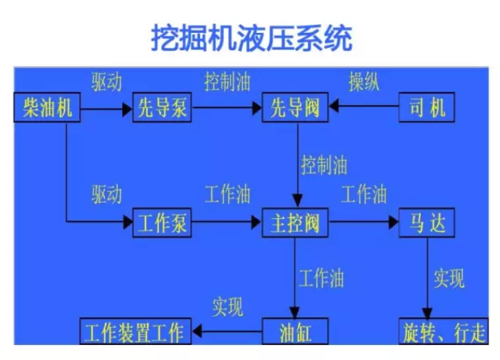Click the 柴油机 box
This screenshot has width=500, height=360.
click(47, 109)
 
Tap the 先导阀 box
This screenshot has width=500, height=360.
click(297, 109)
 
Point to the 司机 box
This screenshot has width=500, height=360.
click(427, 109)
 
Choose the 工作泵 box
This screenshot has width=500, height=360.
click(163, 223)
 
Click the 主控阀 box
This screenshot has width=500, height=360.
click(297, 223)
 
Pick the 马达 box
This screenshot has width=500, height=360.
click(427, 223)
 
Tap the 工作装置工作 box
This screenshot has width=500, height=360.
click(136, 331)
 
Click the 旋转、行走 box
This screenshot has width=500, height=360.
click(443, 331)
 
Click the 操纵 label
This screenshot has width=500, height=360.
click(364, 82)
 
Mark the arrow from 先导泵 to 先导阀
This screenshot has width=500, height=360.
click(226, 109)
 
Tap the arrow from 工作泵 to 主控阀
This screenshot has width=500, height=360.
click(226, 223)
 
